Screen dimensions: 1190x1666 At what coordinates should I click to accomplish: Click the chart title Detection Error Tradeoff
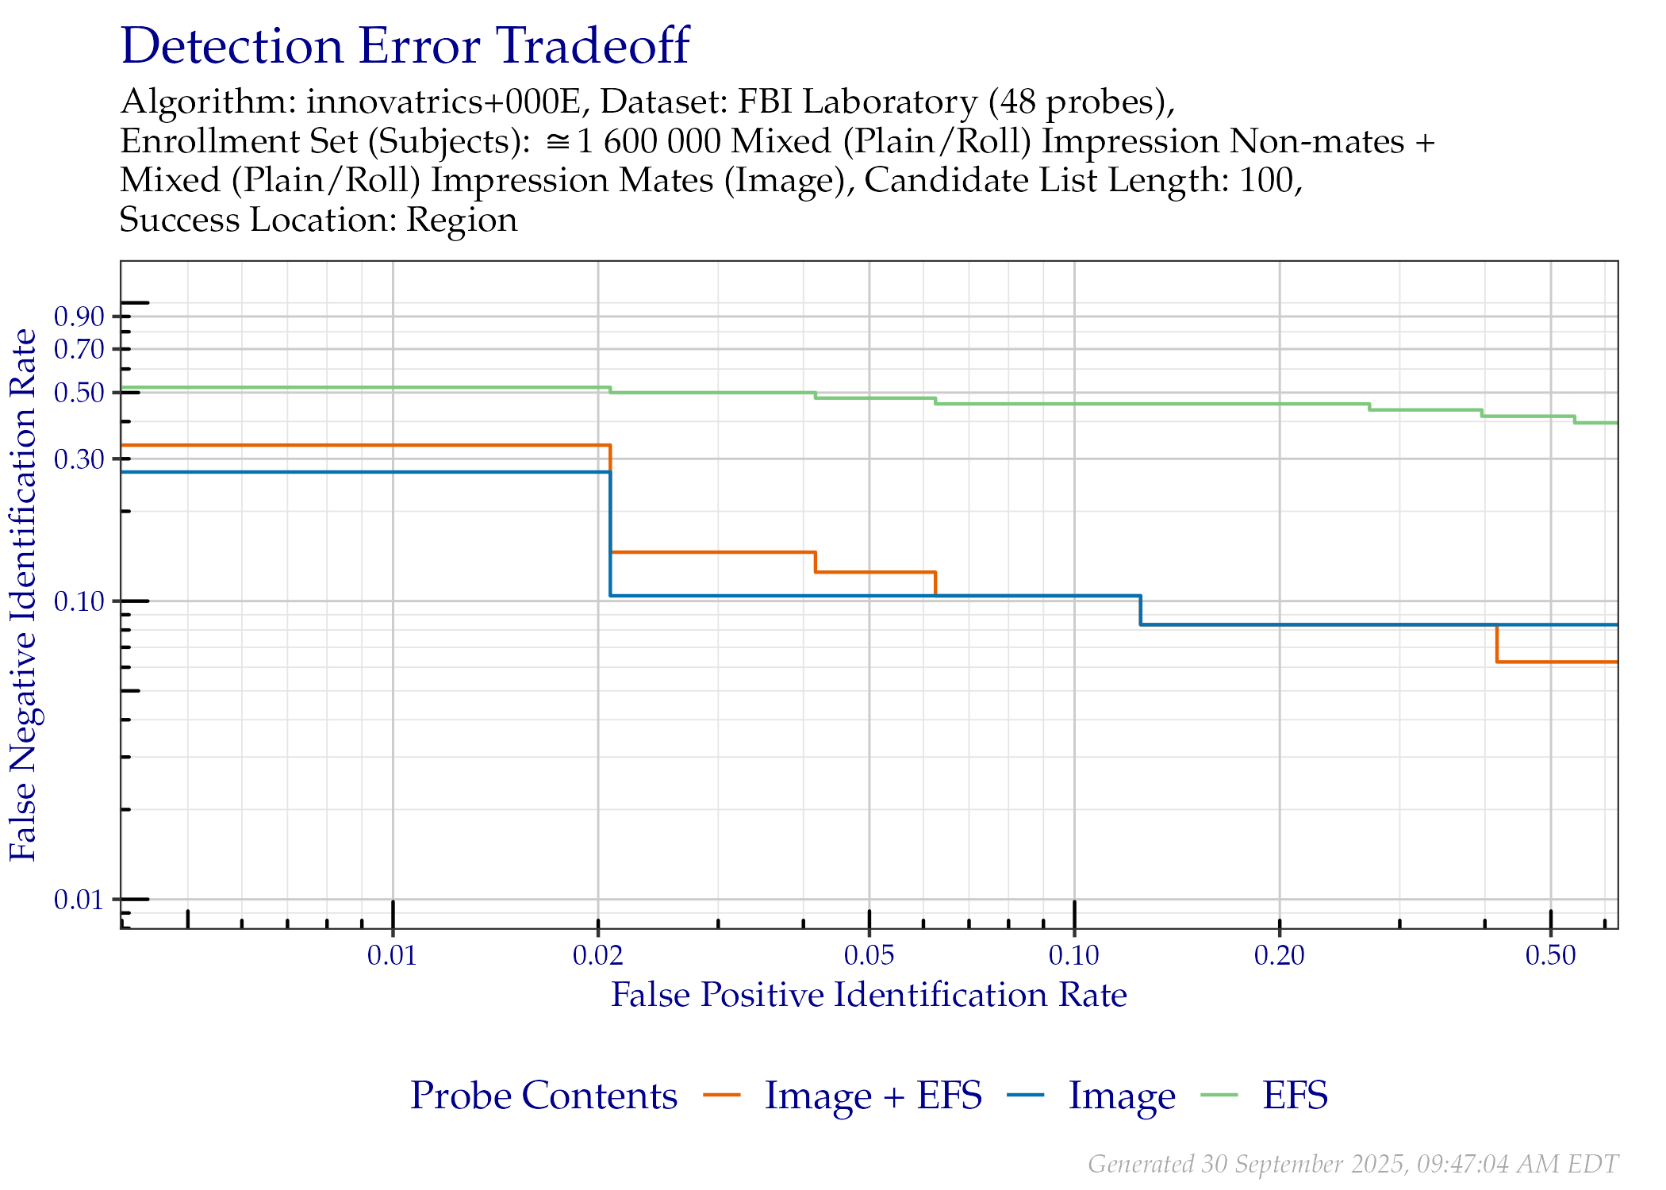click(x=405, y=46)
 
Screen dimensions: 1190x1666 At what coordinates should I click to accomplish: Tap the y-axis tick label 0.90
click(x=79, y=317)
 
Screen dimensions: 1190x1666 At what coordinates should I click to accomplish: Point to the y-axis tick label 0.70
click(x=79, y=348)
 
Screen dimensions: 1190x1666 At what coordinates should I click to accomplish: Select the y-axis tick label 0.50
click(x=79, y=392)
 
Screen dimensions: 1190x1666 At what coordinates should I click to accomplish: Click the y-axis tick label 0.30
click(x=79, y=459)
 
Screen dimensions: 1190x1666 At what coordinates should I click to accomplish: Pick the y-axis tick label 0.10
click(x=79, y=601)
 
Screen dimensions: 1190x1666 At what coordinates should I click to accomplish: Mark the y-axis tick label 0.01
click(x=79, y=900)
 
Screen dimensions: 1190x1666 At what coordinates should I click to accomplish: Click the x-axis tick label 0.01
click(x=392, y=955)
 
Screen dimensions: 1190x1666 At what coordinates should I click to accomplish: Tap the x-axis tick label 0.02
click(x=597, y=955)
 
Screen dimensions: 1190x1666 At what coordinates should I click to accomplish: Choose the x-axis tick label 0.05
click(x=869, y=955)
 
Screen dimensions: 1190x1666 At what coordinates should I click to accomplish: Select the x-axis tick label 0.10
click(x=1074, y=955)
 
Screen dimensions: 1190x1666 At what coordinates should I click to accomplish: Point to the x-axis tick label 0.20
click(x=1279, y=955)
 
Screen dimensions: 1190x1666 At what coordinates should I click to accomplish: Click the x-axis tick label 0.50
click(x=1550, y=955)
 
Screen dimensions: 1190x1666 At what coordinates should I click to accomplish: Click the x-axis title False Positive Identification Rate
click(x=869, y=995)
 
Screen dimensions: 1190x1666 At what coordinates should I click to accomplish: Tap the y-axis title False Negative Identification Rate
click(x=24, y=595)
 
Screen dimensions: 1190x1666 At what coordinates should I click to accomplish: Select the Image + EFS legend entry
click(x=873, y=1096)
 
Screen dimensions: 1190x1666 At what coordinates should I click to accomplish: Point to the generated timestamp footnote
click(x=1352, y=1164)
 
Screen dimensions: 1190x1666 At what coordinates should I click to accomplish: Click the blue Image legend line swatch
click(x=1026, y=1096)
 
